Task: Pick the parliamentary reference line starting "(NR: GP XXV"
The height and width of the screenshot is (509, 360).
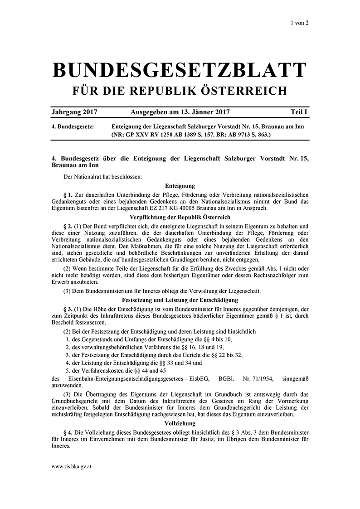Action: pos(191,135)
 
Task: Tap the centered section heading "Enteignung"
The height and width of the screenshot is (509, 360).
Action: pos(180,185)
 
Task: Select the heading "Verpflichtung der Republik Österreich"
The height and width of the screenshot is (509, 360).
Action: pos(180,218)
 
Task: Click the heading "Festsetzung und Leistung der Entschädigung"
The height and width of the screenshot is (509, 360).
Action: pos(180,300)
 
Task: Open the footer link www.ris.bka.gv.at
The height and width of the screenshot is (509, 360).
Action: pos(72,466)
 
